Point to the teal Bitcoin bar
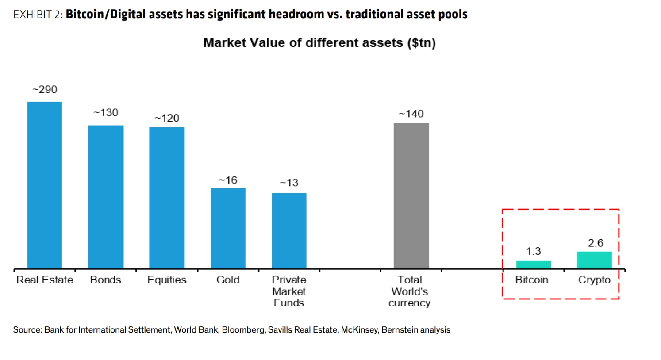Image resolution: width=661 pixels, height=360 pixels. click(x=534, y=264)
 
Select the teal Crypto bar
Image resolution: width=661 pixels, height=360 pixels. click(x=594, y=260)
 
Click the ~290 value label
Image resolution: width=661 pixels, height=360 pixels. click(x=45, y=89)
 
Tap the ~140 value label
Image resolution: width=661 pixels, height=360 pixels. click(x=411, y=114)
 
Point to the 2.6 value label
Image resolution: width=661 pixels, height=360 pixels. click(x=596, y=243)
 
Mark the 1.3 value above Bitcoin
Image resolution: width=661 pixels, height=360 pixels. click(x=534, y=251)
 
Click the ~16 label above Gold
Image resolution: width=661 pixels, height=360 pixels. click(x=228, y=180)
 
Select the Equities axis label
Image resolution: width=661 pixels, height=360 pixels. click(x=167, y=280)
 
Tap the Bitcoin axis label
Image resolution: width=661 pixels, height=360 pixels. click(x=532, y=280)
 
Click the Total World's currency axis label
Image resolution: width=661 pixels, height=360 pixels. click(x=410, y=291)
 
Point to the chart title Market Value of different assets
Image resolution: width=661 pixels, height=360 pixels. click(x=319, y=43)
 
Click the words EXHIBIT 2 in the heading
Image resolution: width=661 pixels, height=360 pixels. click(x=38, y=15)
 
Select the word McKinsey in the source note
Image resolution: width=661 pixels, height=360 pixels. click(x=359, y=329)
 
